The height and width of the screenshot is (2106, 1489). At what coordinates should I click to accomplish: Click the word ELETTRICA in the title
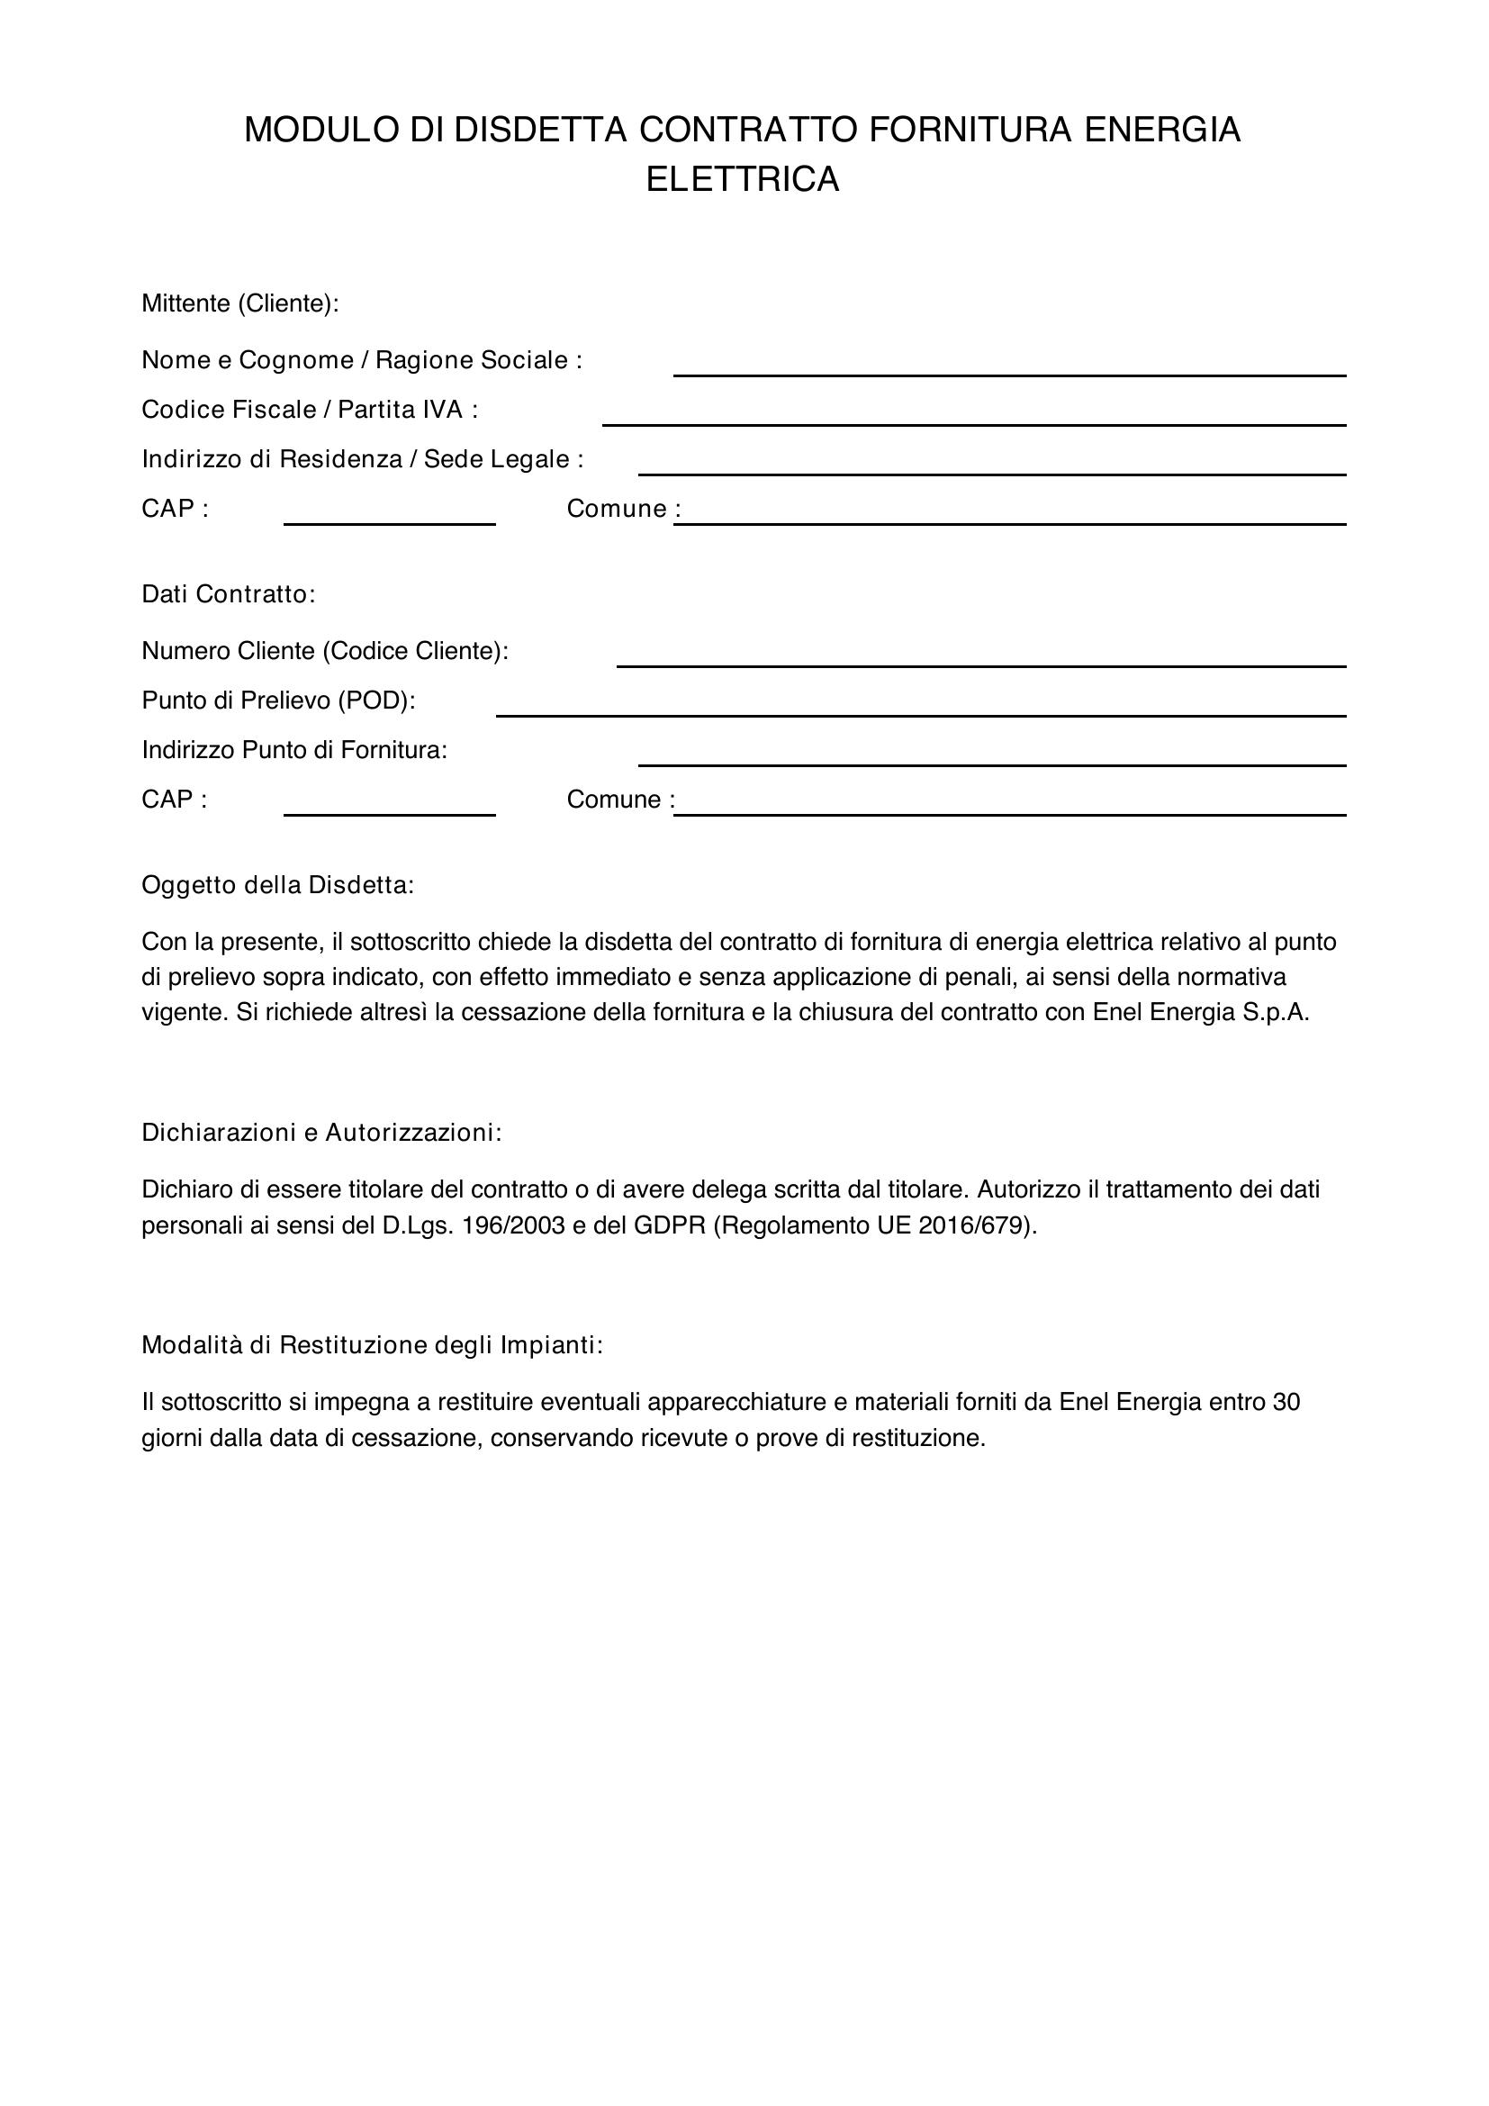pos(743,180)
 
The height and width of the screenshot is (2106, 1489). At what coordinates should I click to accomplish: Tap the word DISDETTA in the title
pos(541,131)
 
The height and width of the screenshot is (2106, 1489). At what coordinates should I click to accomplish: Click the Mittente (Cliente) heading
pos(240,303)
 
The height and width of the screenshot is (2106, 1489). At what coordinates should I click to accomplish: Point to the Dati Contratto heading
pos(229,594)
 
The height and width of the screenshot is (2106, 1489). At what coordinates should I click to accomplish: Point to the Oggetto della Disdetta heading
pos(278,885)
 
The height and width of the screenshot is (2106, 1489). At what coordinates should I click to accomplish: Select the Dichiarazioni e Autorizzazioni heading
pos(321,1133)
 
